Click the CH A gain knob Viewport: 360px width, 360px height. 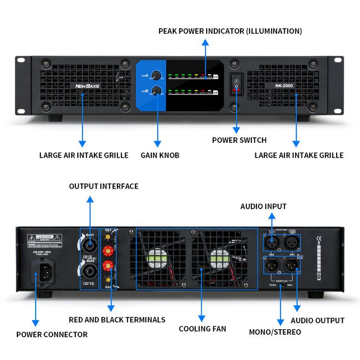(x=157, y=75)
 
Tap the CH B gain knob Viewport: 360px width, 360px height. (x=157, y=91)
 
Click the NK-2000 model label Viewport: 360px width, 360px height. (x=285, y=85)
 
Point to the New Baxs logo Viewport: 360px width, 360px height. (x=87, y=86)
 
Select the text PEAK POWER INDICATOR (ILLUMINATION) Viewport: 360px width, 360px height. (x=230, y=31)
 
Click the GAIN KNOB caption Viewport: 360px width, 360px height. (x=159, y=155)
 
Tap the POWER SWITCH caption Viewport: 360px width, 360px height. (x=239, y=140)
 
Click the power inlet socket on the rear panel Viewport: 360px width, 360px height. (x=43, y=270)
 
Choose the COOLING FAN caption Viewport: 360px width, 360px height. (x=202, y=329)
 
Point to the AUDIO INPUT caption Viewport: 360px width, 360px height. (x=263, y=206)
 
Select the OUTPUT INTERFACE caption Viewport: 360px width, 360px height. (x=104, y=186)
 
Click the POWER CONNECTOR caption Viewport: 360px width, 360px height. (x=52, y=334)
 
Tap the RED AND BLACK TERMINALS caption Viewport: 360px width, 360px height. (x=117, y=320)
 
